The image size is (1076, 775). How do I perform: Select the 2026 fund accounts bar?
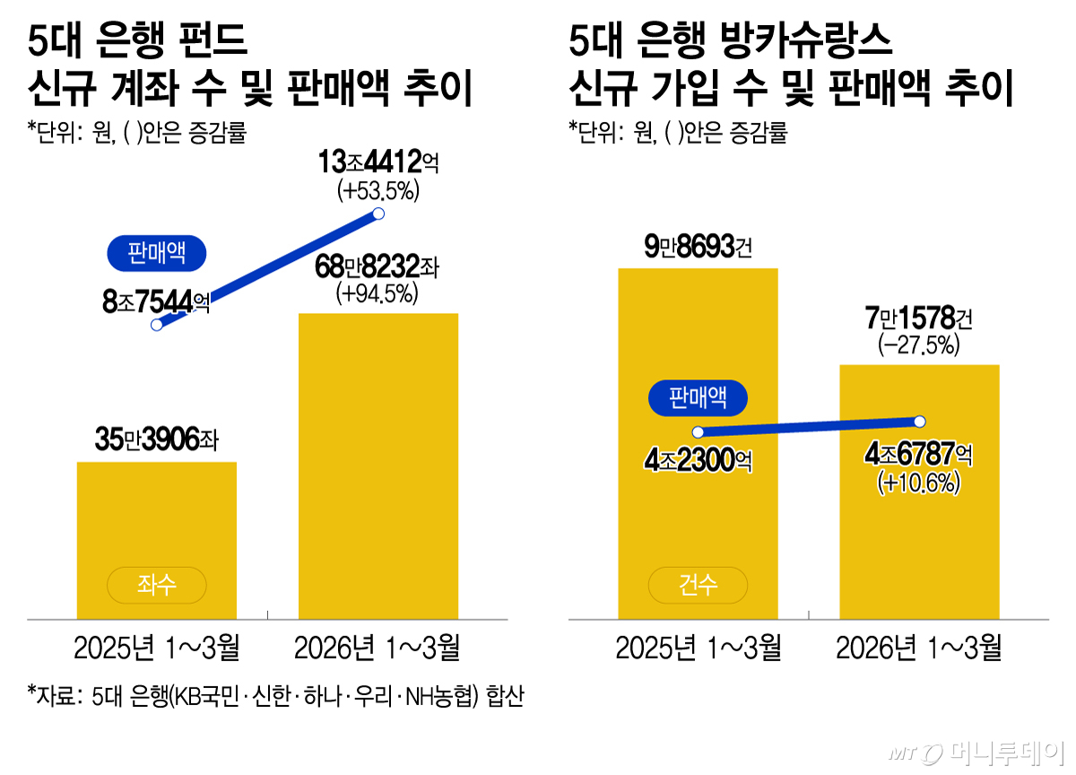(x=377, y=466)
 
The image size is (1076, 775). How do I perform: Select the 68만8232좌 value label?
(x=378, y=267)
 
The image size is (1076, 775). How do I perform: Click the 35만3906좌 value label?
(x=157, y=440)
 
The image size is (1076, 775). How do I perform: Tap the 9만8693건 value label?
(x=698, y=246)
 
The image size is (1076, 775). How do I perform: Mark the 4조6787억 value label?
(x=919, y=455)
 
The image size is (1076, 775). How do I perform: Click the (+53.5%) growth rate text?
(x=378, y=191)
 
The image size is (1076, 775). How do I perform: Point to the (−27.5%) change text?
(x=919, y=344)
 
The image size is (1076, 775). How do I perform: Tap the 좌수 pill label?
(x=157, y=586)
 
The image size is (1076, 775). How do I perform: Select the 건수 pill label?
(x=698, y=586)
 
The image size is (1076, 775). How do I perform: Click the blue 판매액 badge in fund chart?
(x=157, y=254)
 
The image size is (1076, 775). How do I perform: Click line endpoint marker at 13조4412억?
(x=378, y=213)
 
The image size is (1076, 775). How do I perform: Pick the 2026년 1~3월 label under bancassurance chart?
(x=919, y=648)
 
